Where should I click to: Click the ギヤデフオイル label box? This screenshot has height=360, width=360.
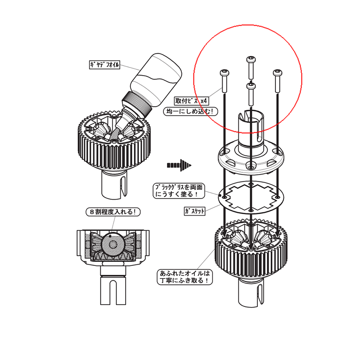pyautogui.click(x=105, y=64)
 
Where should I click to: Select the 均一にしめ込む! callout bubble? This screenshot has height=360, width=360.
pyautogui.click(x=190, y=111)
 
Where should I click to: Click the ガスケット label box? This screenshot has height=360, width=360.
pyautogui.click(x=194, y=211)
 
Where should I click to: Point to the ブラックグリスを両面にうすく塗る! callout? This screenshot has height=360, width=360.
pyautogui.click(x=179, y=190)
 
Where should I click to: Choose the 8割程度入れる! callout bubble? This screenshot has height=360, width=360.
pyautogui.click(x=113, y=211)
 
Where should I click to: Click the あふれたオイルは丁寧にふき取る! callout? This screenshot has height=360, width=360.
pyautogui.click(x=185, y=277)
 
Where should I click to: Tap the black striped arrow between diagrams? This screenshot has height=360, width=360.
pyautogui.click(x=179, y=165)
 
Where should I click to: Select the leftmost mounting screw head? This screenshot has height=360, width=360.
pyautogui.click(x=224, y=73)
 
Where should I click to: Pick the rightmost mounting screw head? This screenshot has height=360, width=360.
pyautogui.click(x=277, y=73)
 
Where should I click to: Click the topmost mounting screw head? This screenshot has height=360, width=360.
pyautogui.click(x=251, y=59)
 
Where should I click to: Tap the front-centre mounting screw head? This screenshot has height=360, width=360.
pyautogui.click(x=251, y=86)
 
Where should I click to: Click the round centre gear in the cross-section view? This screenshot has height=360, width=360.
pyautogui.click(x=113, y=244)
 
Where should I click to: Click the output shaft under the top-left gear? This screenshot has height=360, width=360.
pyautogui.click(x=114, y=185)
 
